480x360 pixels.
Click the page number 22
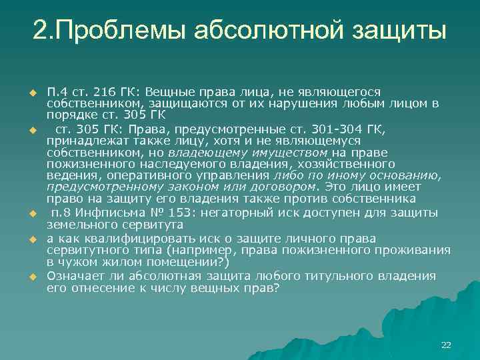click(x=446, y=345)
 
